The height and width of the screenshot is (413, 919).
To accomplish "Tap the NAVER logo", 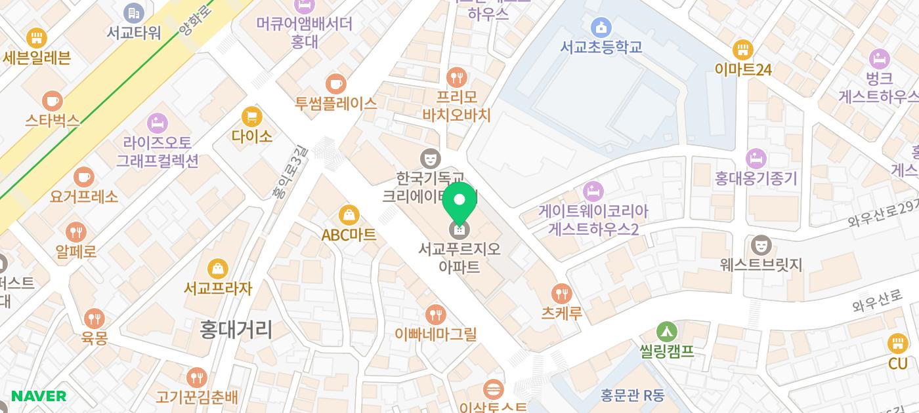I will click(39, 396).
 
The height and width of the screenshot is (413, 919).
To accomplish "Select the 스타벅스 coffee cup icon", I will click(52, 102).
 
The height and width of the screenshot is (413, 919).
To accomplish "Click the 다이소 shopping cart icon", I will click(251, 117).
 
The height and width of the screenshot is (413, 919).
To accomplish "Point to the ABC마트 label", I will click(349, 235).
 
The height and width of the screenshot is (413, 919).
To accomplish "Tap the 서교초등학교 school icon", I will click(601, 28).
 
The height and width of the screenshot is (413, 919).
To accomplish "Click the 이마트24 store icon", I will click(742, 50).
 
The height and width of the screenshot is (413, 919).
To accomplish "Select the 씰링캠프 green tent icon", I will click(666, 332).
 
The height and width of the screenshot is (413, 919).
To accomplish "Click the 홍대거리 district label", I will click(236, 329).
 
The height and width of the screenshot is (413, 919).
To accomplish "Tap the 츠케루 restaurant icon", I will click(561, 294).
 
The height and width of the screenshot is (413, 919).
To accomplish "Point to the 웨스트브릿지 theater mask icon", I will click(761, 245).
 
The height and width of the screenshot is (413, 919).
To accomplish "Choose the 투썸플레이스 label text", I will click(335, 103).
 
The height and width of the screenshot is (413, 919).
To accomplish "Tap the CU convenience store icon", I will click(897, 344).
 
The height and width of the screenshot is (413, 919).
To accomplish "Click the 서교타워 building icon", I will click(133, 12).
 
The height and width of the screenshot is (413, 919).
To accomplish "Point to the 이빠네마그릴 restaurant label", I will click(435, 334).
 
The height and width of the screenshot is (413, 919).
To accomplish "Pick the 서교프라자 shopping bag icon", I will click(217, 269).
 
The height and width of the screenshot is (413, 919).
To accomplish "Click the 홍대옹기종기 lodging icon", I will click(756, 159).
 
